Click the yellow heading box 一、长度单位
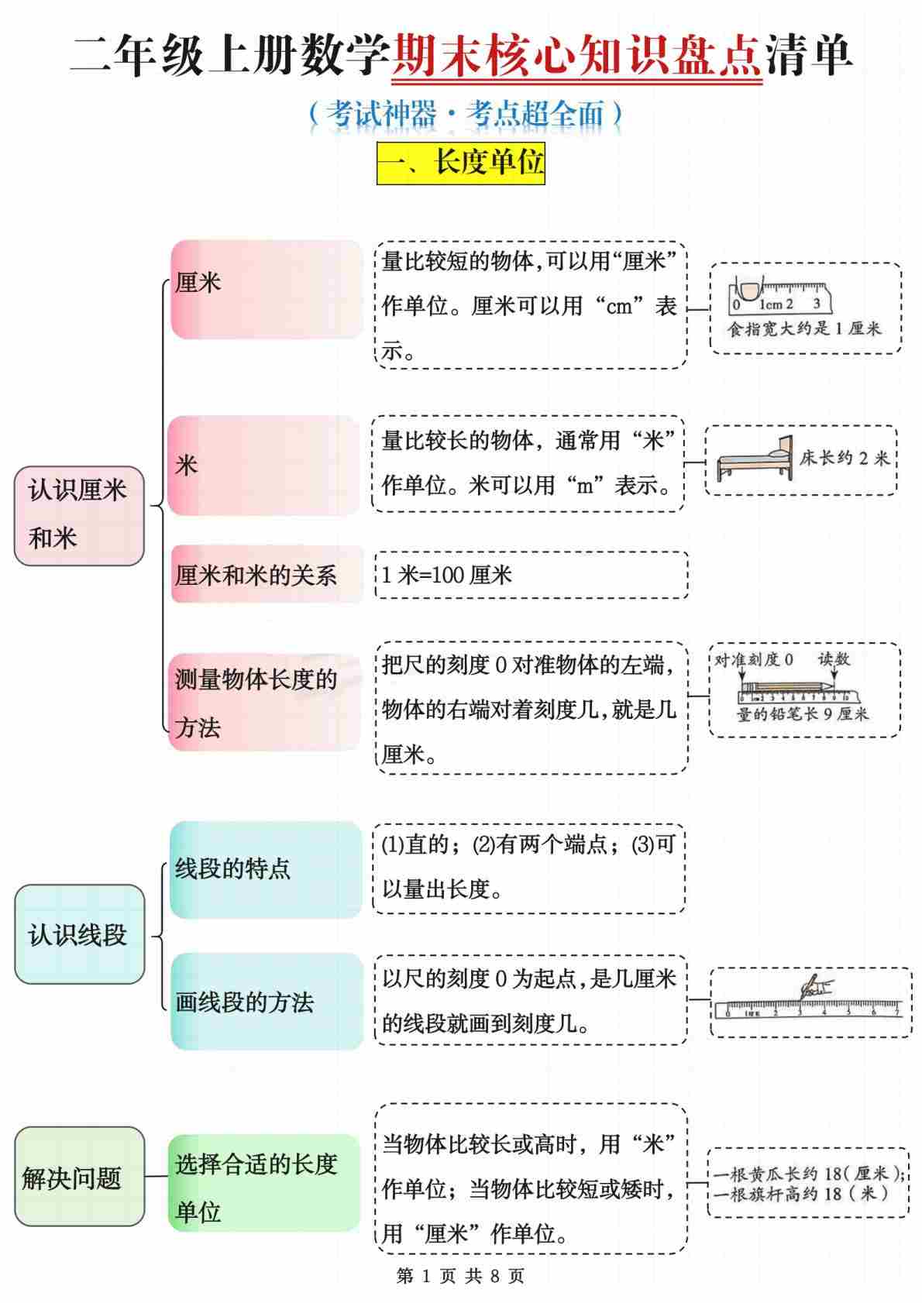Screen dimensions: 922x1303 tap(461, 163)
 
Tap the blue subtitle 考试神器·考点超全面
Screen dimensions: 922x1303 tap(466, 114)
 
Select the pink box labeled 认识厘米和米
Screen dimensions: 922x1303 tap(79, 515)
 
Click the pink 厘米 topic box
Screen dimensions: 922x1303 tap(267, 289)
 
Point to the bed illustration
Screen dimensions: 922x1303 tap(755, 459)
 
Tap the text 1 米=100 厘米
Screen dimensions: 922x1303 tap(446, 576)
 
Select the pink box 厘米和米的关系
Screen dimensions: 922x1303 tap(267, 575)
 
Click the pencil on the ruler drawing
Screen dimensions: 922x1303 tap(788, 687)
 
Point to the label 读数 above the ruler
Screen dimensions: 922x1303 tap(834, 659)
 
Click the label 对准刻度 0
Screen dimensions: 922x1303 tap(753, 660)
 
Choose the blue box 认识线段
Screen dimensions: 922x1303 tap(79, 934)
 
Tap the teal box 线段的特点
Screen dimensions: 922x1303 tap(266, 870)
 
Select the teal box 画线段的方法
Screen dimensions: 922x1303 tap(267, 1001)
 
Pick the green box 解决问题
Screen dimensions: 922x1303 tap(79, 1176)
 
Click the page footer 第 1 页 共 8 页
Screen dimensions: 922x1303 tap(461, 1276)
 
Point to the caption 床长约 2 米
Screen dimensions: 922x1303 tap(845, 459)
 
